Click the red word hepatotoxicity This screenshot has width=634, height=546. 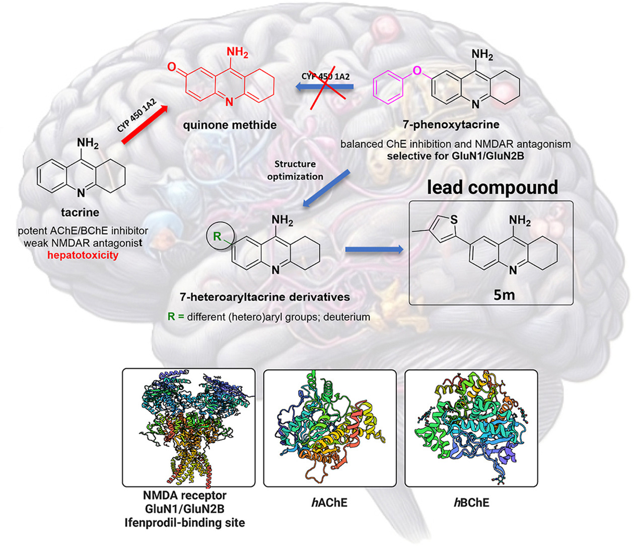coord(83,255)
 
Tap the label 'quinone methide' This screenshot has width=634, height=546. coord(230,124)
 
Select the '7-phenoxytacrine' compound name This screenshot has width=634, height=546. coord(451,124)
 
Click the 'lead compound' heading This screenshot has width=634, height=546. coord(492,187)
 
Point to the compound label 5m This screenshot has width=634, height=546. coord(504,294)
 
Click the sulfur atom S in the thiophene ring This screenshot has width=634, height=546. coord(454,219)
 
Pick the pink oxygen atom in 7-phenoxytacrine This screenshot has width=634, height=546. coord(417,70)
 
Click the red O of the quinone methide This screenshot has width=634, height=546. coord(172,67)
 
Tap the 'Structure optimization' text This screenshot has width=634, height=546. coord(295,170)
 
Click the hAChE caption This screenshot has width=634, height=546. coord(329,502)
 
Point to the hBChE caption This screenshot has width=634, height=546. coord(471,502)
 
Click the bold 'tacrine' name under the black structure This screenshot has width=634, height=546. coord(80,212)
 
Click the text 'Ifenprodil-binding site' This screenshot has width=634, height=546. coord(185,522)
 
